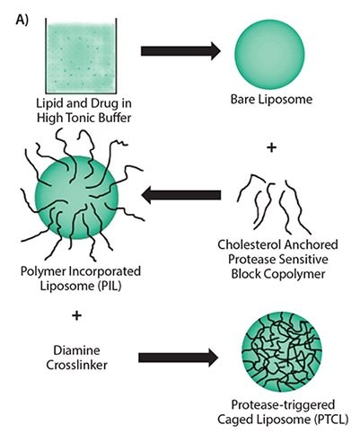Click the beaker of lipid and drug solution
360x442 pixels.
pos(81,56)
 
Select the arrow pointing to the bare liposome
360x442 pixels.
pos(180,51)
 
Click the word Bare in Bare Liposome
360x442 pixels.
pos(242,99)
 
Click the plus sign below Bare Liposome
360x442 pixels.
pos(271,147)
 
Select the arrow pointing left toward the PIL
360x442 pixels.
pos(181,195)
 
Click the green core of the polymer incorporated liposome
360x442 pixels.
pos(77,198)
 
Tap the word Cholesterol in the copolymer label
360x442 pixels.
pos(249,244)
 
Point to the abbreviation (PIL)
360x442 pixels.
pos(110,286)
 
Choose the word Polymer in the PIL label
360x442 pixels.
pos(44,271)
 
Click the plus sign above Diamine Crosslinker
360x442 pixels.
pos(77,315)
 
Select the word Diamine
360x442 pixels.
pos(76,350)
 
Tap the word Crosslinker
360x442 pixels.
pos(76,365)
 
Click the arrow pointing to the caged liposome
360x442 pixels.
pos(179,358)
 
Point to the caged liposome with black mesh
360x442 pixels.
pos(282,352)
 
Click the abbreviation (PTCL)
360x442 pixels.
pos(331,420)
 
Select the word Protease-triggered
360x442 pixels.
pos(283,405)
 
